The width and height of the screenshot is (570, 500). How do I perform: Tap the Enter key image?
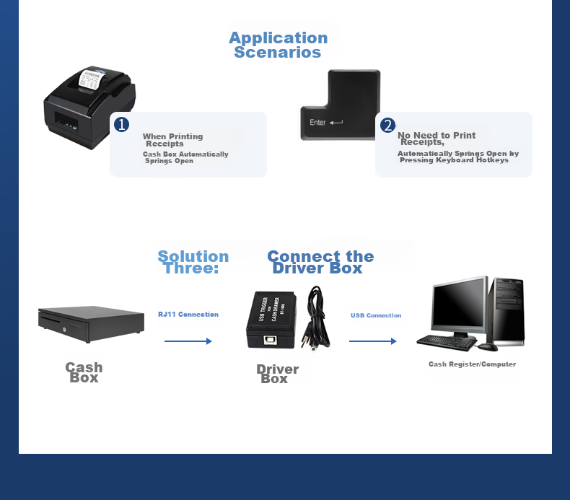click(340, 105)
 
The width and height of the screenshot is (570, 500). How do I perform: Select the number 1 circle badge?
click(122, 125)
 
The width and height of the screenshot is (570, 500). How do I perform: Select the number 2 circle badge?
click(387, 126)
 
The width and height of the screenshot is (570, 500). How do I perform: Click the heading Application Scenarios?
click(278, 45)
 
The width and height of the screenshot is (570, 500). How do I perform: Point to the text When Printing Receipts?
click(172, 140)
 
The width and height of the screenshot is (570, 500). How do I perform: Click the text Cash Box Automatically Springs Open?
click(185, 157)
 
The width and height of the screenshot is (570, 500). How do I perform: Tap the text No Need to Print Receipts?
click(436, 139)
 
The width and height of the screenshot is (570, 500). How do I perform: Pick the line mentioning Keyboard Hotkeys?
click(457, 157)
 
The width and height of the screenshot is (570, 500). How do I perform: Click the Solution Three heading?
click(193, 262)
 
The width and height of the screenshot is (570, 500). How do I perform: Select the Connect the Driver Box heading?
click(320, 262)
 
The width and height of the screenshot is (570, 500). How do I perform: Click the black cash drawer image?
click(91, 324)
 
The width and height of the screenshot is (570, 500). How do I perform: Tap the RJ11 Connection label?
click(188, 315)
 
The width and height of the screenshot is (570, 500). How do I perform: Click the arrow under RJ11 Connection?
click(188, 341)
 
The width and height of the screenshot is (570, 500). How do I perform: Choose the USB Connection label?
click(376, 315)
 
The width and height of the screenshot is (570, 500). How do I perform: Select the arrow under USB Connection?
click(373, 341)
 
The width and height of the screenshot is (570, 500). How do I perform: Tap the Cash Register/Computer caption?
click(472, 364)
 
